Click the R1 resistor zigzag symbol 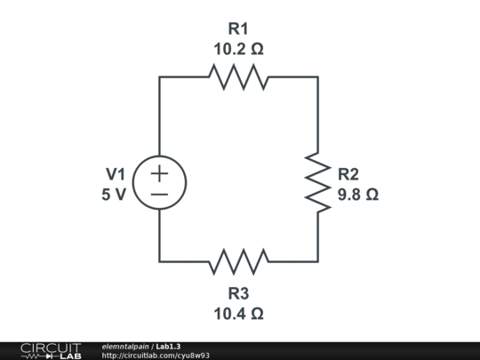[x=238, y=77]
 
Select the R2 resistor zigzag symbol [x=318, y=183]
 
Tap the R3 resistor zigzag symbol [x=238, y=261]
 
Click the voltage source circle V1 [x=159, y=183]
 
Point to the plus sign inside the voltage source [x=159, y=173]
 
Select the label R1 [x=238, y=28]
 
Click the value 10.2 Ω [x=238, y=49]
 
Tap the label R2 [x=348, y=173]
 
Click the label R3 [x=238, y=293]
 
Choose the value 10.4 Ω [x=238, y=313]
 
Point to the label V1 [x=116, y=173]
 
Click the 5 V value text [x=114, y=194]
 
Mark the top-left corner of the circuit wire [x=160, y=77]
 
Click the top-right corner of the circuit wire [x=318, y=77]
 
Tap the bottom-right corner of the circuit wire [x=318, y=261]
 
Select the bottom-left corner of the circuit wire [x=160, y=261]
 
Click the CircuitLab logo [x=51, y=350]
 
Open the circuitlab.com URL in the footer [x=156, y=356]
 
